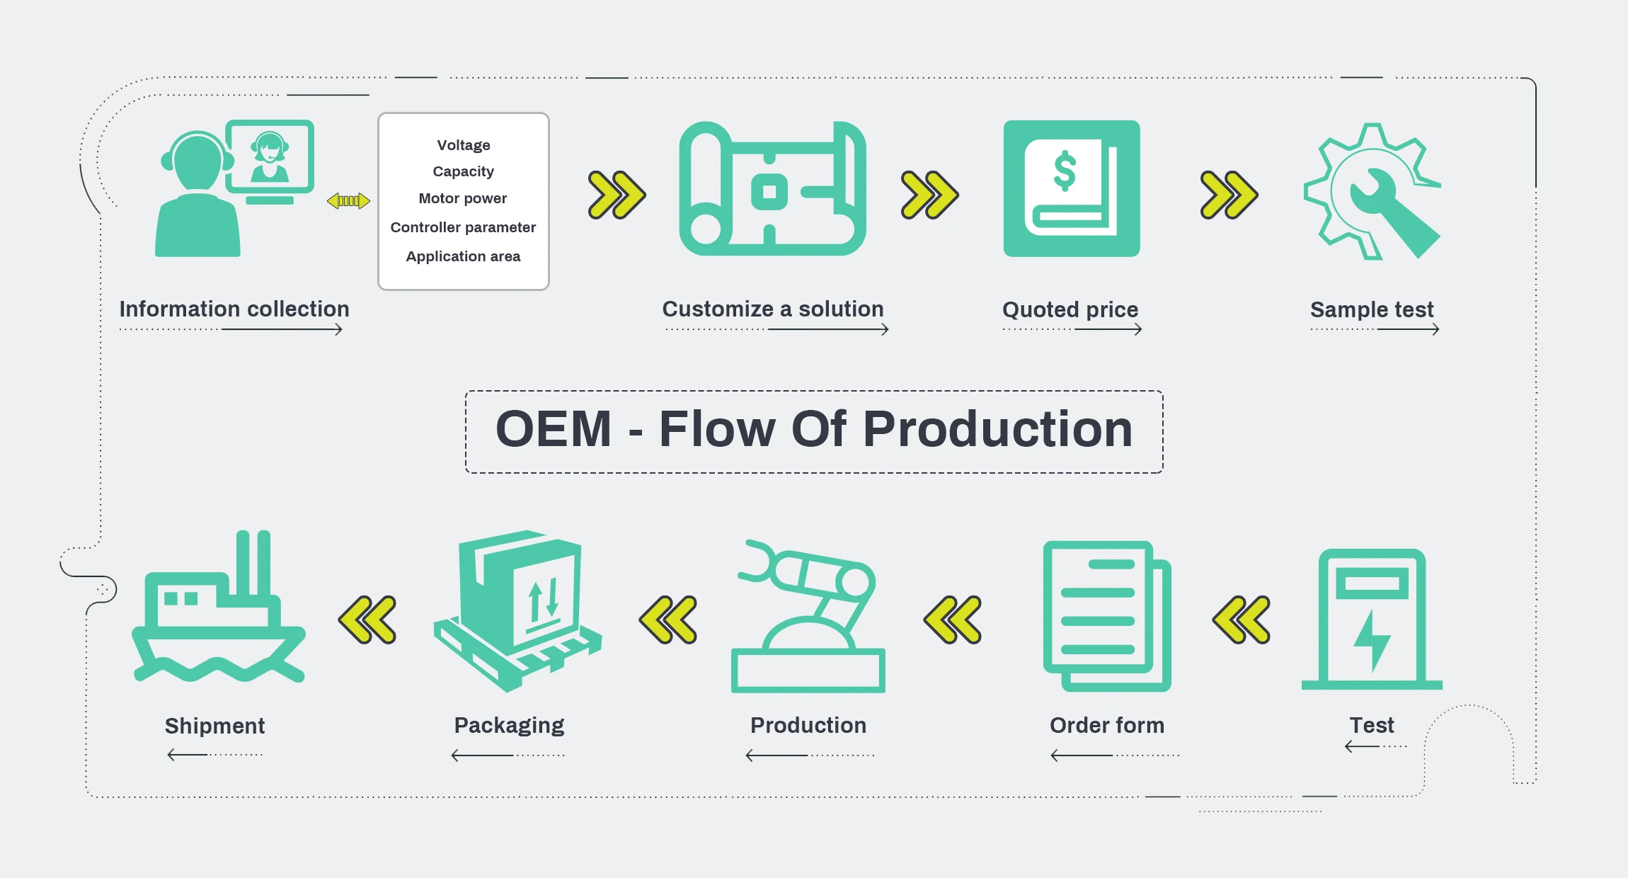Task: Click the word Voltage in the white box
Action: click(x=464, y=145)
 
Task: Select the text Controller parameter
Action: click(x=463, y=227)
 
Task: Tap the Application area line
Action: click(x=463, y=256)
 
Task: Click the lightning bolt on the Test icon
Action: click(x=1372, y=640)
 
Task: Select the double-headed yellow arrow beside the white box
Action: click(x=348, y=201)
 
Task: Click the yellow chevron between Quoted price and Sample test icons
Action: click(x=1229, y=195)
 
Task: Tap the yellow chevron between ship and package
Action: click(x=367, y=620)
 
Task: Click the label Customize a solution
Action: click(x=773, y=309)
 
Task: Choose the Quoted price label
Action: click(x=1070, y=309)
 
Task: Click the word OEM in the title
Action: click(x=554, y=429)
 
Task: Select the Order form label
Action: click(x=1107, y=725)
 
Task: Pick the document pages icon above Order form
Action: click(x=1106, y=616)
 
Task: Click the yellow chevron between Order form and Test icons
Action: click(x=1242, y=620)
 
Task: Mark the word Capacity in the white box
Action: click(x=464, y=171)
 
